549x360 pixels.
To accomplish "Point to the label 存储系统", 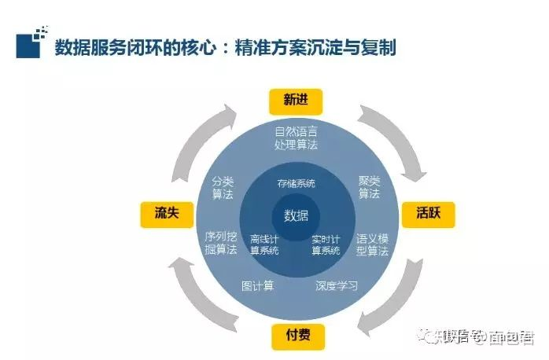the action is (296, 183).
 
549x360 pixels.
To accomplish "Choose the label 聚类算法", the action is (369, 186).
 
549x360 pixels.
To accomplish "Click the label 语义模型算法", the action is (372, 244).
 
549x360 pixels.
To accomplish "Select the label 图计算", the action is (257, 285).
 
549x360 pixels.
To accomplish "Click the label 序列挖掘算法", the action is (221, 243).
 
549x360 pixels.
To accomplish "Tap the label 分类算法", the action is (223, 186).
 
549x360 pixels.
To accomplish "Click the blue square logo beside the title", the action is (30, 45).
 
